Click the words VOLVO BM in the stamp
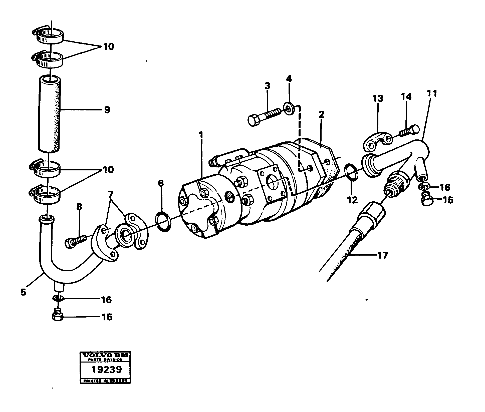coord(105,356)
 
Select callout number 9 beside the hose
coord(107,110)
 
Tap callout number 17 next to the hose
coord(382,256)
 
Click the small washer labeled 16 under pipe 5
coord(58,298)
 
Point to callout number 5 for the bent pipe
coord(23,292)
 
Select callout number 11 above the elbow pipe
coord(432,94)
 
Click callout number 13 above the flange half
coord(378,99)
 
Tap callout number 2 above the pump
coord(322,114)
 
